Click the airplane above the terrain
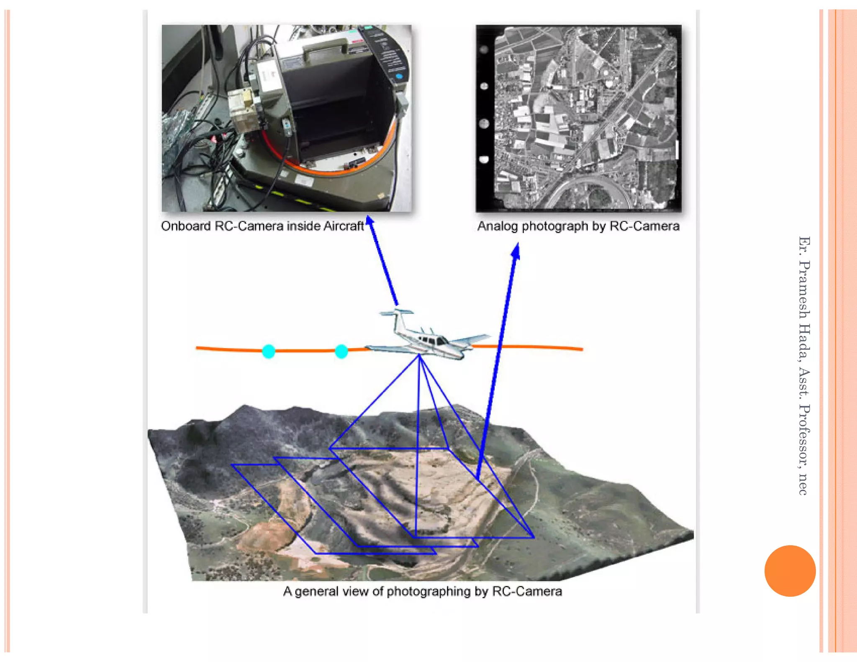[x=427, y=335]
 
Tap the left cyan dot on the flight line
[x=269, y=351]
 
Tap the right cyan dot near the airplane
[x=341, y=351]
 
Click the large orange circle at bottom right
[x=790, y=571]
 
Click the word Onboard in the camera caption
[x=186, y=226]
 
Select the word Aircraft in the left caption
[x=344, y=226]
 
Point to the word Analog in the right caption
[x=498, y=226]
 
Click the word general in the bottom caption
[x=316, y=591]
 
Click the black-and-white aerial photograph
[x=579, y=118]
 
